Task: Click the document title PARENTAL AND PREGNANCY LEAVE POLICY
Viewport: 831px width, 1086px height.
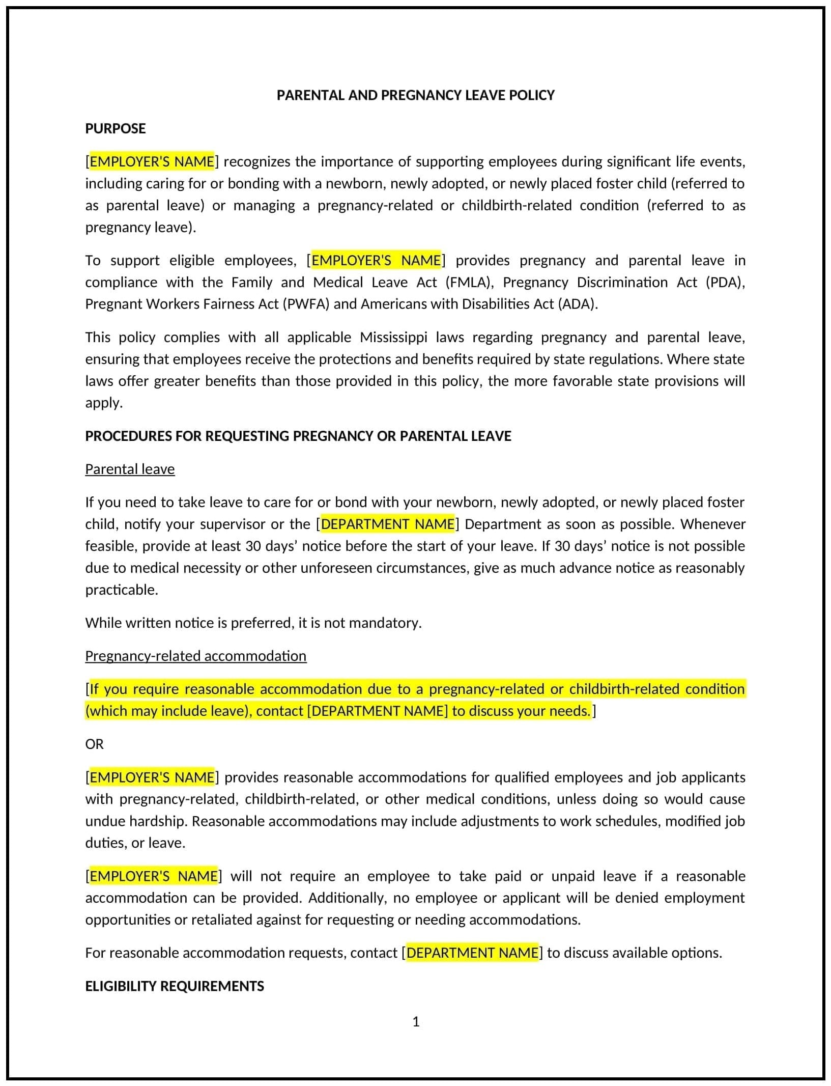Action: [415, 95]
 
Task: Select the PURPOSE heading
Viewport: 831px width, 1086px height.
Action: [115, 128]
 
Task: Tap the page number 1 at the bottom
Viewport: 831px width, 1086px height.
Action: [416, 1021]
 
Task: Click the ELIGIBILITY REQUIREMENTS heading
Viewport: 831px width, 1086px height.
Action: [175, 986]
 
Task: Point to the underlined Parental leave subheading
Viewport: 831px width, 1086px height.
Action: [130, 469]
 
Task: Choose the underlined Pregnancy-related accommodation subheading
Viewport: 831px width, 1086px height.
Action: [195, 656]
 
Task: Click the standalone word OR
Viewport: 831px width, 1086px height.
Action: [94, 744]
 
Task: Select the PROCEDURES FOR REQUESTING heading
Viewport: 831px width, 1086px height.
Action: [298, 436]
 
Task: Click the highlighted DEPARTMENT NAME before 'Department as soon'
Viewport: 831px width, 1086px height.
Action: [388, 524]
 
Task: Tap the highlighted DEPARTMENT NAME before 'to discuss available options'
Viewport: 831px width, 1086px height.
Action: [473, 953]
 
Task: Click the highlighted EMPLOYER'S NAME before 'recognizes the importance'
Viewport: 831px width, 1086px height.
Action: [152, 161]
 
